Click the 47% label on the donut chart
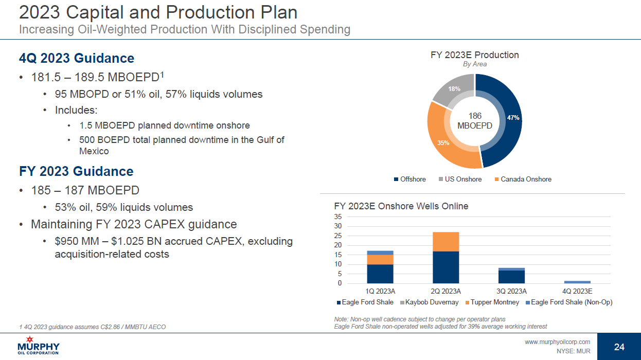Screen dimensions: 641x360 [513, 118]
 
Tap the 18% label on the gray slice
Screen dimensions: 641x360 [454, 89]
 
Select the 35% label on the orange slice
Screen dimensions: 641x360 [443, 143]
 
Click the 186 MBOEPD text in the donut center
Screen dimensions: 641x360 [475, 121]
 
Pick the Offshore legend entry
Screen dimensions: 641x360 [410, 179]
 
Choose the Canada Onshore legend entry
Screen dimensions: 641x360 [523, 179]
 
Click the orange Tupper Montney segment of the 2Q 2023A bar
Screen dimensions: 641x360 [446, 242]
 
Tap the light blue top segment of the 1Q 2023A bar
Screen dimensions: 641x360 [380, 253]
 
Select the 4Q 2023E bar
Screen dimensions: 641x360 [577, 282]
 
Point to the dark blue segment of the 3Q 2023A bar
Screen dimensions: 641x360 [512, 277]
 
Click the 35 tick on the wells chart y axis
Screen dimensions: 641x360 [338, 217]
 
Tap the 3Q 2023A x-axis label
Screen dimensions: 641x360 [512, 291]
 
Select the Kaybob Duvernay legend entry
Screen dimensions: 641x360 [429, 302]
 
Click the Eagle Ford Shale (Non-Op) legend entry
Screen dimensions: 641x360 [569, 302]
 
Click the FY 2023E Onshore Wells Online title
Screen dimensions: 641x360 [401, 206]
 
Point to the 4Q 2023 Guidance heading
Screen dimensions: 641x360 [77, 58]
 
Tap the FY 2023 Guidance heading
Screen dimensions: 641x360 [76, 171]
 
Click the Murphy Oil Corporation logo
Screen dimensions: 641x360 [39, 346]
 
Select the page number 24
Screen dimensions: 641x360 [619, 347]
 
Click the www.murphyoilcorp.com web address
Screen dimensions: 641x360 [558, 342]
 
